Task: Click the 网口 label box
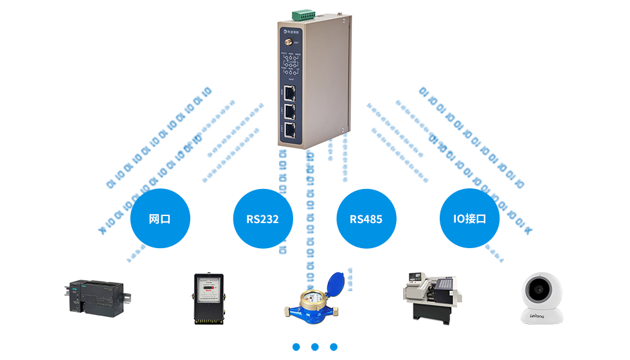pyautogui.click(x=159, y=219)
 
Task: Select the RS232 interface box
pyautogui.click(x=262, y=219)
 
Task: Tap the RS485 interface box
pyautogui.click(x=366, y=219)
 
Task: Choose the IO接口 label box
pyautogui.click(x=469, y=219)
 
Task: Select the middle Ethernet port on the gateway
pyautogui.click(x=291, y=112)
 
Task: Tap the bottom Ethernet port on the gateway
pyautogui.click(x=291, y=130)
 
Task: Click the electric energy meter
pyautogui.click(x=207, y=298)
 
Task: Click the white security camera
pyautogui.click(x=541, y=297)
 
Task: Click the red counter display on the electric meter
pyautogui.click(x=206, y=289)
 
